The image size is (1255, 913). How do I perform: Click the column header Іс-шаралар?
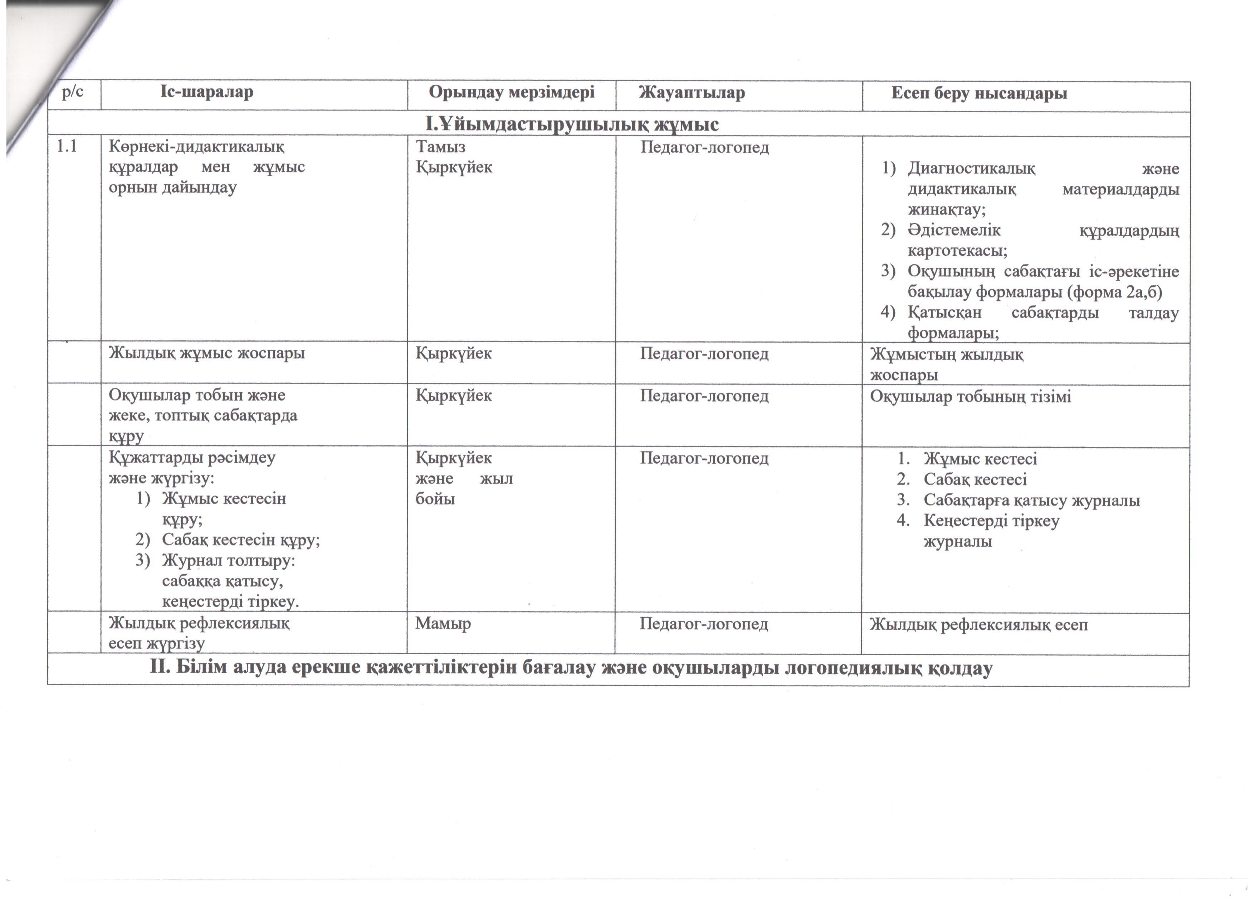pyautogui.click(x=207, y=92)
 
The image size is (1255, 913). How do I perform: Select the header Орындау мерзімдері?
pyautogui.click(x=511, y=92)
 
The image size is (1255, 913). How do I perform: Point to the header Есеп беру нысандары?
pyautogui.click(x=979, y=93)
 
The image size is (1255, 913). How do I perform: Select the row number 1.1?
pyautogui.click(x=67, y=147)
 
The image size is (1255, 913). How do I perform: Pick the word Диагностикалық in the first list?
pyautogui.click(x=971, y=168)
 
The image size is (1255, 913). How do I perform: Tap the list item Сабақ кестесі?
pyautogui.click(x=975, y=479)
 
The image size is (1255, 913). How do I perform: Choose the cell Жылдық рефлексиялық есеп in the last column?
pyautogui.click(x=978, y=624)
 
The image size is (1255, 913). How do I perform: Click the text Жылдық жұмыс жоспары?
pyautogui.click(x=206, y=353)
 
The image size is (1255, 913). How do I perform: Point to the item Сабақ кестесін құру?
pyautogui.click(x=241, y=540)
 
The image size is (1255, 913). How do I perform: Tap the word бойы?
pyautogui.click(x=435, y=499)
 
